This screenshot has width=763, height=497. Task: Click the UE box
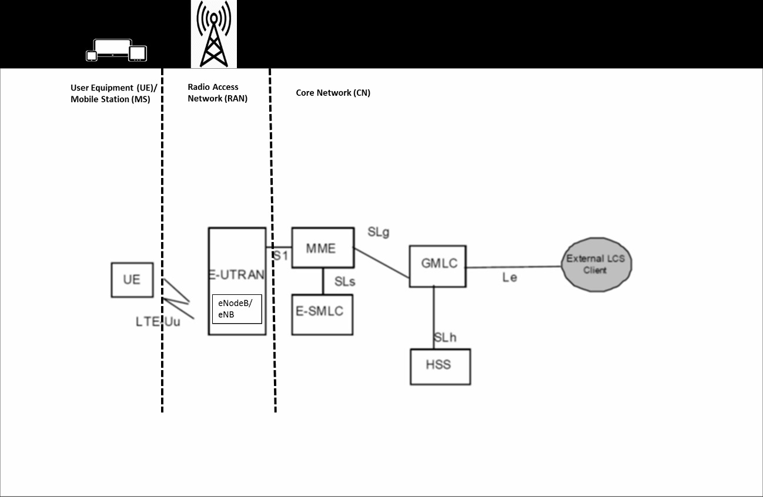132,280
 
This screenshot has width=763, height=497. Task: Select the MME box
323,248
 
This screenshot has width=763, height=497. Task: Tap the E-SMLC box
322,314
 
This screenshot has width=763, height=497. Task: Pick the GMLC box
438,266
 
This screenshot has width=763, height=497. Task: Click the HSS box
440,367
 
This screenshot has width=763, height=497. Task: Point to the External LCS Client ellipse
596,264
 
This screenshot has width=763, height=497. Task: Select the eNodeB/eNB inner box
236,309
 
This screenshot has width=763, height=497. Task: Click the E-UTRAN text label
237,274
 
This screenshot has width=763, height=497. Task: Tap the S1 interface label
280,256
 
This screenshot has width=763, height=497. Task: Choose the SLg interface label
379,232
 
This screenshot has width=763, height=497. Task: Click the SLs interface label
344,281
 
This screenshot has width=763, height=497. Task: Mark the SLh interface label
445,338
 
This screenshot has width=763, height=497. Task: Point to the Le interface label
509,277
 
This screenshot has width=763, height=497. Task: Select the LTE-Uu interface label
158,321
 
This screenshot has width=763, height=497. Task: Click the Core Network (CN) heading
333,93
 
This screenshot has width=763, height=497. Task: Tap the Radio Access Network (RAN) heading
217,93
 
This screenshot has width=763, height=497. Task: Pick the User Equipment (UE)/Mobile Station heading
110,93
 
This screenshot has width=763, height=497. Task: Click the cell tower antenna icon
213,34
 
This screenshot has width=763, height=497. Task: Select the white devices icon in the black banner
116,51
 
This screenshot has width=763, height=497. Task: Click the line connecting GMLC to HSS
434,317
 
